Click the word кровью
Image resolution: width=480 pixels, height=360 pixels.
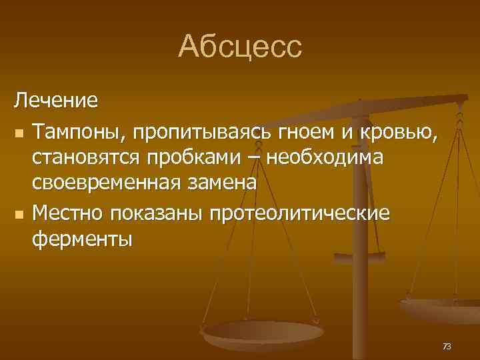tap(400, 133)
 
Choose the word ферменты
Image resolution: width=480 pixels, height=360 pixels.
tap(83, 239)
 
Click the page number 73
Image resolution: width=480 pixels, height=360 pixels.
tap(446, 346)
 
